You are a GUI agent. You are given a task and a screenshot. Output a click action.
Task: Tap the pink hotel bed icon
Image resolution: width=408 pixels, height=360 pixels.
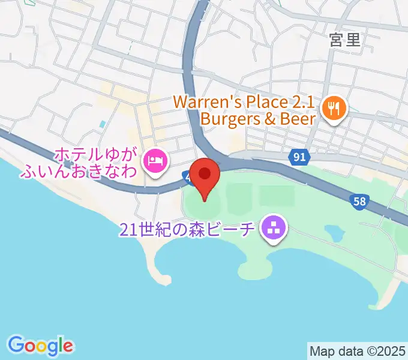point(155,160)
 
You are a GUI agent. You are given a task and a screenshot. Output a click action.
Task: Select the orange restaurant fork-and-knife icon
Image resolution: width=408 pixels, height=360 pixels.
point(332,109)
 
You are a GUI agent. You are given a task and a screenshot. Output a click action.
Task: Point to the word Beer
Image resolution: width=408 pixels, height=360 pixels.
point(298,119)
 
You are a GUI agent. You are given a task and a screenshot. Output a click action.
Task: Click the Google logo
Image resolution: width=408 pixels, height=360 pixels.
point(41,345)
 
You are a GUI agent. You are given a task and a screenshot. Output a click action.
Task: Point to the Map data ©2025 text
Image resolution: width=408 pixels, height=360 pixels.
point(358,349)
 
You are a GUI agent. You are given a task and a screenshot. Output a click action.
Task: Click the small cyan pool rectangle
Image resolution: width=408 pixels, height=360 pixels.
point(102,124)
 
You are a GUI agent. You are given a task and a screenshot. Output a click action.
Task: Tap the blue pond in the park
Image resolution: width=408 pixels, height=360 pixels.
point(334,231)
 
